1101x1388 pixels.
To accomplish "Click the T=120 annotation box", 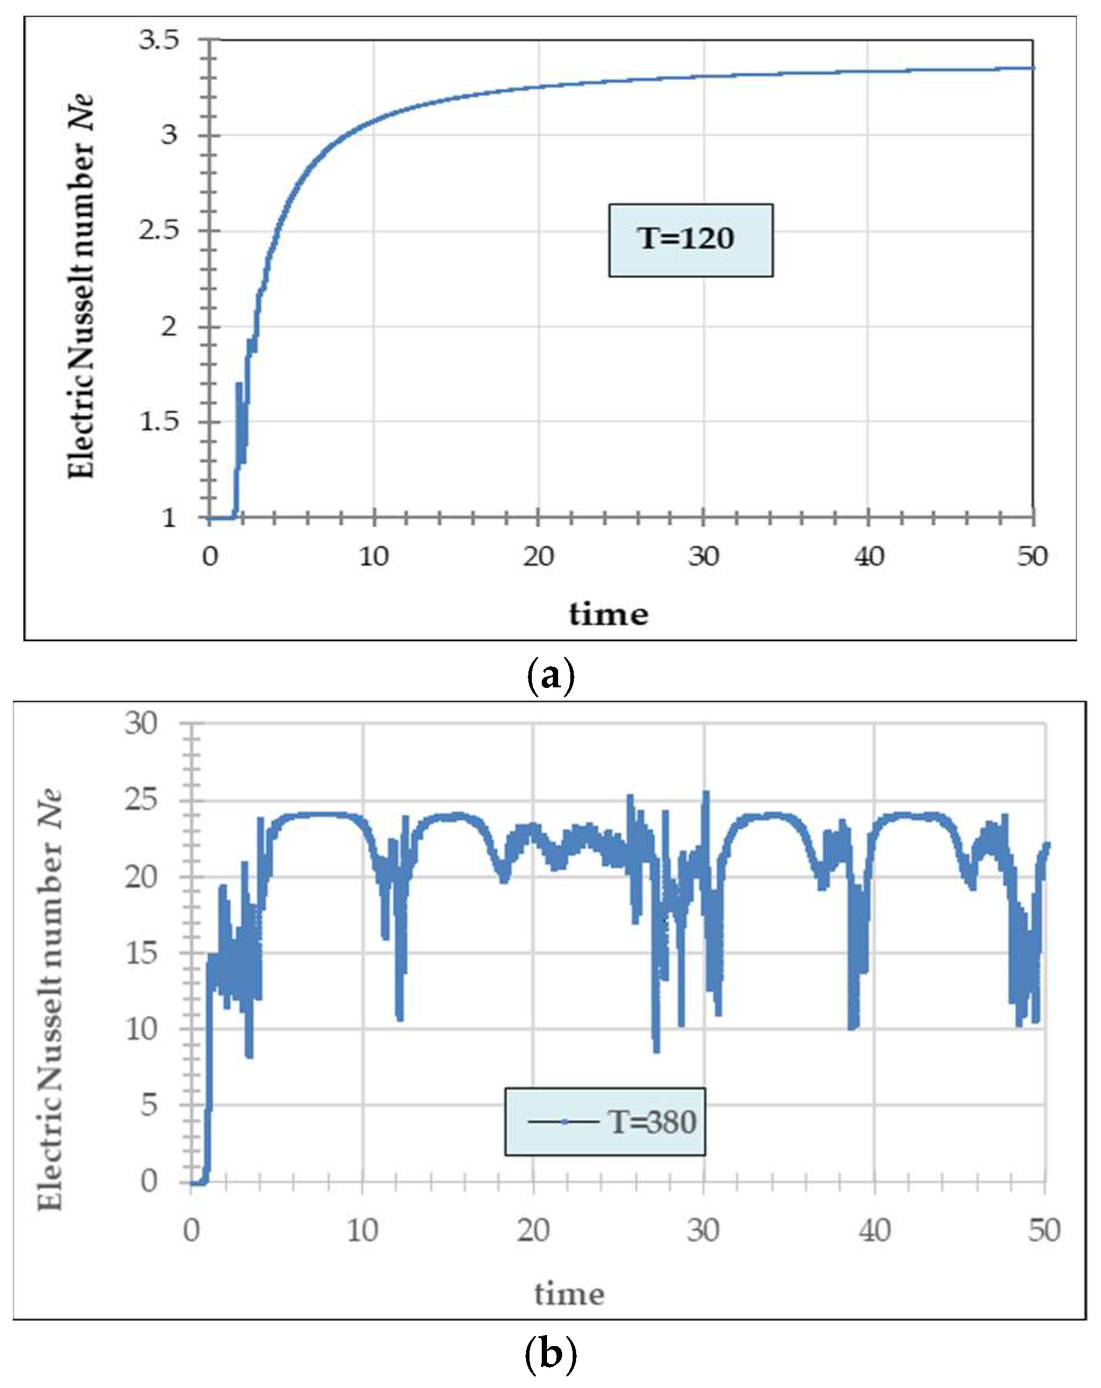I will pos(690,240).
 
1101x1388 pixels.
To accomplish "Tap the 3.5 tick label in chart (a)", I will pos(158,41).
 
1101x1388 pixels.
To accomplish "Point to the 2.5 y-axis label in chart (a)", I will pos(158,231).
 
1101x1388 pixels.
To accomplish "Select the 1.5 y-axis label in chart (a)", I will pos(158,422).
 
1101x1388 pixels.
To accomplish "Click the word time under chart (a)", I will pos(608,614).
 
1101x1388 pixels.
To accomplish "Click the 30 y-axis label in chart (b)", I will pos(141,723).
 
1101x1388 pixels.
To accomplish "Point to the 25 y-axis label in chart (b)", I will pos(141,800).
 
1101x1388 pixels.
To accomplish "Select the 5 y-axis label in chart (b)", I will pos(149,1105).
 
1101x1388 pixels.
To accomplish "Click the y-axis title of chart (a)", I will pos(81,287).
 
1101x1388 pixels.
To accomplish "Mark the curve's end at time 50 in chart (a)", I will pos(1032,68).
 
